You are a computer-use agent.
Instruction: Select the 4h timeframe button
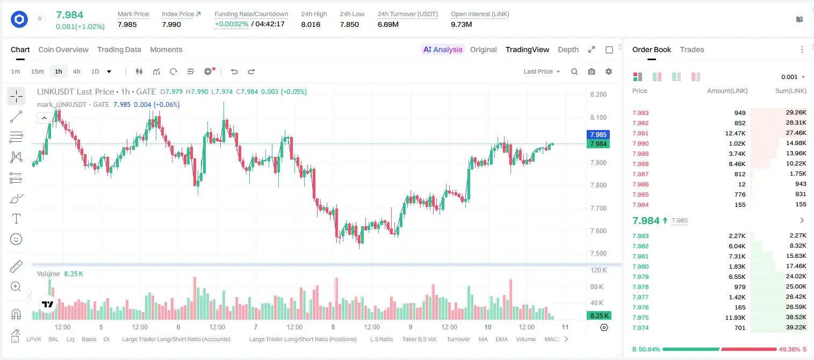[76, 71]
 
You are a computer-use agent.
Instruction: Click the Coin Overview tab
[63, 49]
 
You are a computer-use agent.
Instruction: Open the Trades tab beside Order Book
[692, 49]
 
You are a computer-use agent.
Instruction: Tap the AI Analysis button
[443, 49]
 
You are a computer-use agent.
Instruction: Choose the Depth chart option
[568, 49]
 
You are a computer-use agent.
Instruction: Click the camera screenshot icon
[592, 71]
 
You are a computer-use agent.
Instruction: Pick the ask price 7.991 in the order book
[640, 133]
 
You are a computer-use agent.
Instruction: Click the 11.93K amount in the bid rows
[735, 318]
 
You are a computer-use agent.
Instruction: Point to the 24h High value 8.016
[311, 24]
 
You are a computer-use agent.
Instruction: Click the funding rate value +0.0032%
[232, 24]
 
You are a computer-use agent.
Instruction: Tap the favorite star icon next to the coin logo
[40, 18]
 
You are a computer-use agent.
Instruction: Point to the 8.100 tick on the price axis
[599, 117]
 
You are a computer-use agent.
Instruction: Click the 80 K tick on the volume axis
[597, 286]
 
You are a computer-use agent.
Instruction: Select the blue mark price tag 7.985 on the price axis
[598, 134]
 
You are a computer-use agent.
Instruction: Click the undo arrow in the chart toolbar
[234, 71]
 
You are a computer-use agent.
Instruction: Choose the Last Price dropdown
[542, 71]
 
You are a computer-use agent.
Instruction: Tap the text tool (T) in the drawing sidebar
[16, 219]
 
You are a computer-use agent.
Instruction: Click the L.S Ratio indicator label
[381, 339]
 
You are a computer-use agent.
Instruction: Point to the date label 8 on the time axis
[333, 327]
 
